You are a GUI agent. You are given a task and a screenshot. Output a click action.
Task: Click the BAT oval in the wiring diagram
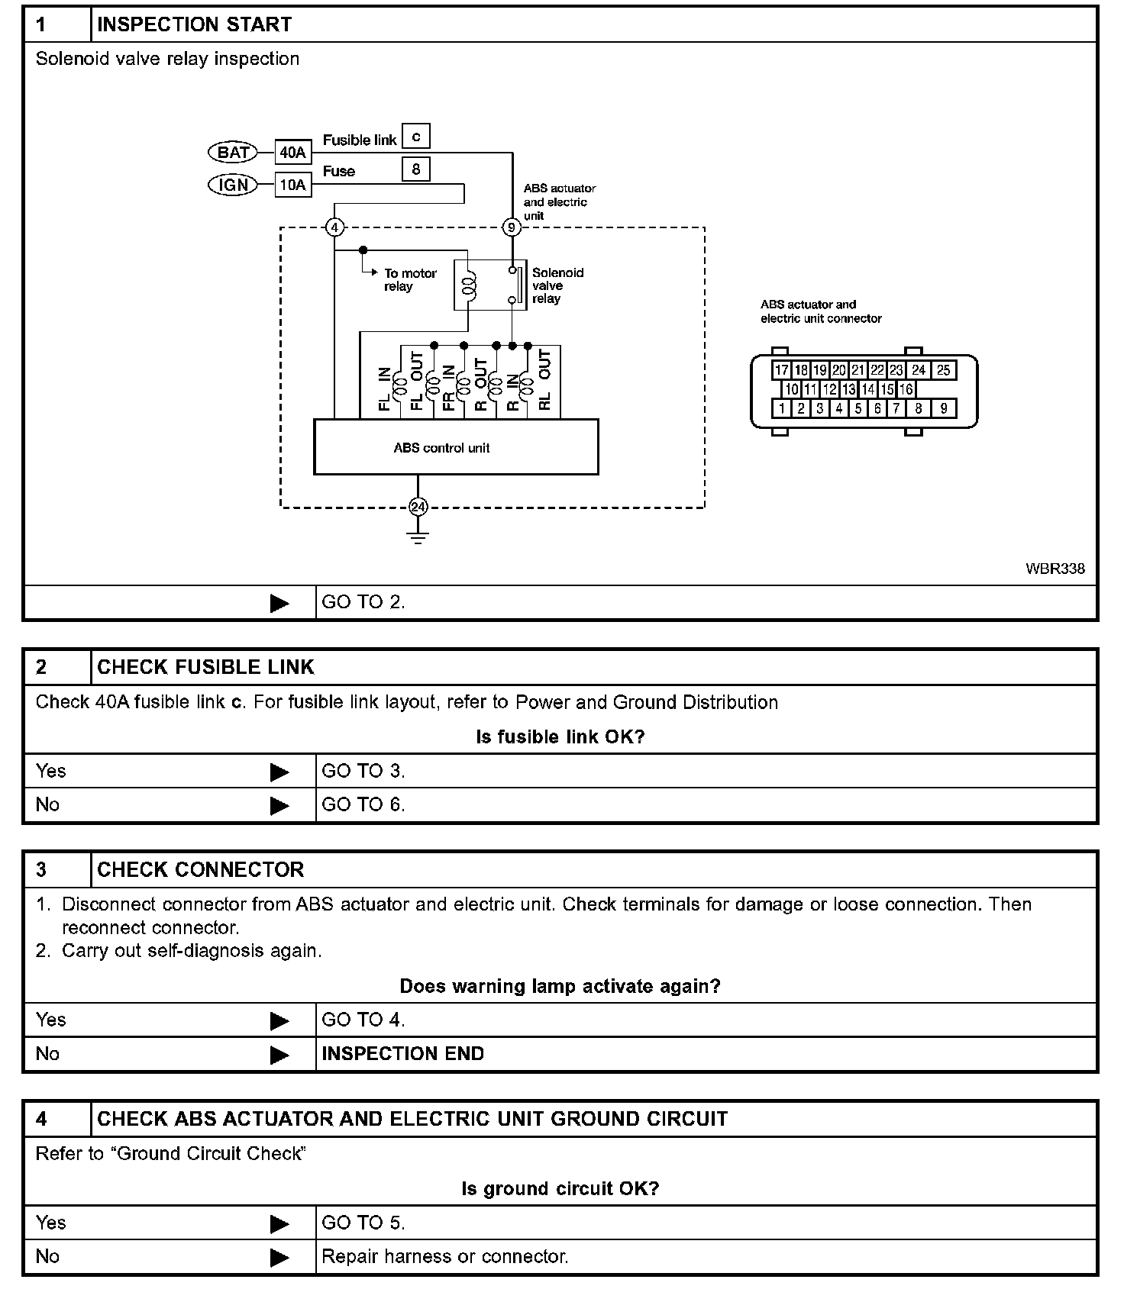click(233, 152)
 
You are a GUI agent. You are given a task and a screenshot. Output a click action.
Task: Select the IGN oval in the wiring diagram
click(233, 185)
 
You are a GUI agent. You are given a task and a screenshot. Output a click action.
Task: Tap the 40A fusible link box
click(292, 153)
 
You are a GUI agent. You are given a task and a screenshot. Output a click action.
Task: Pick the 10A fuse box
click(292, 185)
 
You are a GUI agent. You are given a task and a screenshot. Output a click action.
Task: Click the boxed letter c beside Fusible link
click(416, 137)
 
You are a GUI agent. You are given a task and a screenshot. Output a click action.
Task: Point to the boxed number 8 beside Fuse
click(416, 169)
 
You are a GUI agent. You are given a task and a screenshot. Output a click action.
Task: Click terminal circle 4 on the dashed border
click(334, 227)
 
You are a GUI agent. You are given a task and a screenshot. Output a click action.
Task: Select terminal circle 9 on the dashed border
click(512, 227)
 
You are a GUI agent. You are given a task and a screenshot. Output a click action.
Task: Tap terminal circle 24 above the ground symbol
click(418, 507)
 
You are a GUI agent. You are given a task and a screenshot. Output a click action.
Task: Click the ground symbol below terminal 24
click(418, 536)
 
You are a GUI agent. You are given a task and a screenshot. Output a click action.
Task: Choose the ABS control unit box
click(456, 447)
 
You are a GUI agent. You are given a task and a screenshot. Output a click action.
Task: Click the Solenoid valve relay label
click(557, 285)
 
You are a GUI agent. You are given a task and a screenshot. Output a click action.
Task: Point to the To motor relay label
click(410, 279)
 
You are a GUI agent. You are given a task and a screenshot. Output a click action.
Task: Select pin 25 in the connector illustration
click(944, 370)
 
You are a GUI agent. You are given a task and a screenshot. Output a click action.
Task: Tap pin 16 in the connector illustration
click(906, 389)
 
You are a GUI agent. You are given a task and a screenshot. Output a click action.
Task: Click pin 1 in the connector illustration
click(781, 408)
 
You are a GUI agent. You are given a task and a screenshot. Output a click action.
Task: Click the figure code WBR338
click(1055, 569)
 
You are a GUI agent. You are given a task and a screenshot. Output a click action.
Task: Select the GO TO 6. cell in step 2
click(363, 804)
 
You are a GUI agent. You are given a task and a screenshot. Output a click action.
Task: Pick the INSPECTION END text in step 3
click(403, 1054)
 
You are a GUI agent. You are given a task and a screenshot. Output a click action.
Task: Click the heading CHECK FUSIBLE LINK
click(205, 667)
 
